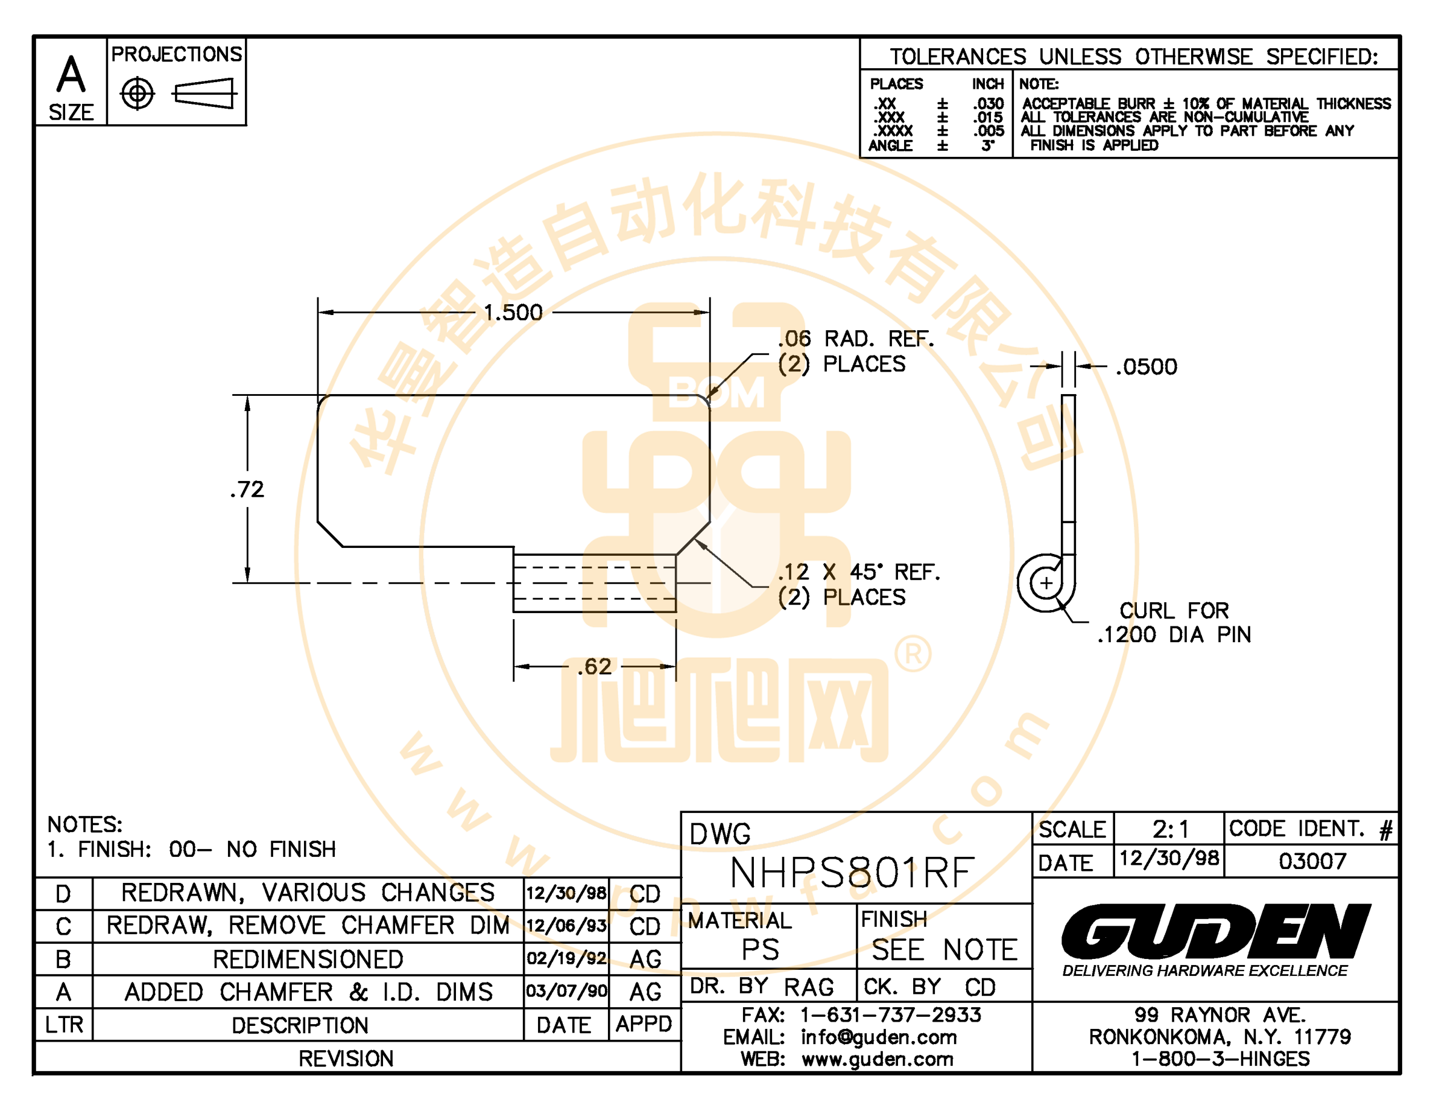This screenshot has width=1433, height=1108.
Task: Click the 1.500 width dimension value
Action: (513, 313)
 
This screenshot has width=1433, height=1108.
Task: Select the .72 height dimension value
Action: (247, 489)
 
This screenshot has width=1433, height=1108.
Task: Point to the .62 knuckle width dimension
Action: (595, 667)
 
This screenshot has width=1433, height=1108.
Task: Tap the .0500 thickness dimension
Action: (1147, 366)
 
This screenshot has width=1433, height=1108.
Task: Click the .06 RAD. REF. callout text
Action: (856, 339)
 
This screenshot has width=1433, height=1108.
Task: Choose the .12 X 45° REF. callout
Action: (859, 572)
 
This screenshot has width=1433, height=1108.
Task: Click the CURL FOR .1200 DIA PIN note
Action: (1174, 622)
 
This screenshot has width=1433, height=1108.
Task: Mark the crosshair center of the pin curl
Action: (1046, 583)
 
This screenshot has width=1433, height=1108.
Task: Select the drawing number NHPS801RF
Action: (852, 873)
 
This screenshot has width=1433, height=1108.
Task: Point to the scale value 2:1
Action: (1171, 830)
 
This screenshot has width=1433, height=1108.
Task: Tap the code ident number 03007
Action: (1312, 861)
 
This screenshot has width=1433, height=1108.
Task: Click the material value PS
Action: (761, 950)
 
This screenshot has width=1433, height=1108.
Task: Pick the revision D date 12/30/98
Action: (566, 893)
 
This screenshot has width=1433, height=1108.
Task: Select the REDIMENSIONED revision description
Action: (308, 960)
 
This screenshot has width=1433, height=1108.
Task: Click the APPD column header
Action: (644, 1024)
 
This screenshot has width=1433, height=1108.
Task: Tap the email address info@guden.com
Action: (879, 1037)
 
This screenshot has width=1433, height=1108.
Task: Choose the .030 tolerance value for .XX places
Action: (988, 104)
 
